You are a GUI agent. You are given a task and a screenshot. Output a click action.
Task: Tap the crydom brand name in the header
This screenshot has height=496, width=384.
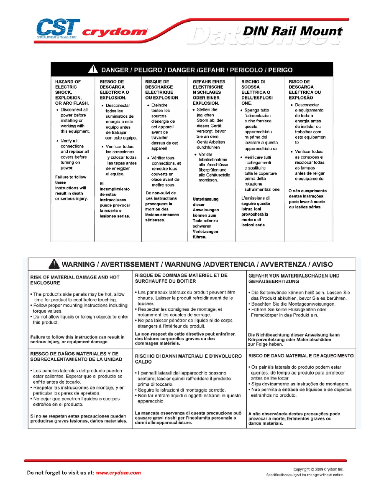pos(115,32)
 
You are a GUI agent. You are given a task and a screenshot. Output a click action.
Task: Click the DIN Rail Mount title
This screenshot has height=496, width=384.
pos(292,31)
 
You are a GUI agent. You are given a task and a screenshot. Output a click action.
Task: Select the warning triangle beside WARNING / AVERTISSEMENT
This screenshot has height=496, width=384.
pos(54,264)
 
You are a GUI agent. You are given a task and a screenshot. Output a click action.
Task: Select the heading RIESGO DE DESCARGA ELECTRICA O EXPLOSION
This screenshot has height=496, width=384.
pos(114,89)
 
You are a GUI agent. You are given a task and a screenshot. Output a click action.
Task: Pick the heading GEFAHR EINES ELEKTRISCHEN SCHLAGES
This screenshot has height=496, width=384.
pos(209,92)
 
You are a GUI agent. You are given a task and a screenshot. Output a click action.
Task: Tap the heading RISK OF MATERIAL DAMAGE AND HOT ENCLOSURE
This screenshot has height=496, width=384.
pos(75,280)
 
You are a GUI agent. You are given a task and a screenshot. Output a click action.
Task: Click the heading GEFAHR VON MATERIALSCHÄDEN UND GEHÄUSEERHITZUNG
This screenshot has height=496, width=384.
pos(294,278)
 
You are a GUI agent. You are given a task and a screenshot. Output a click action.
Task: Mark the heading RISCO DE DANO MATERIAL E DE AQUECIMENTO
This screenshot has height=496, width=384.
pos(301,356)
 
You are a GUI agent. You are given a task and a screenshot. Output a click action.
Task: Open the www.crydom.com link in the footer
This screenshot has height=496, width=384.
pos(118,473)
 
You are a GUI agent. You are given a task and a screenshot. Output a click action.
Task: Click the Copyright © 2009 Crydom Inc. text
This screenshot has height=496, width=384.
pos(318,469)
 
